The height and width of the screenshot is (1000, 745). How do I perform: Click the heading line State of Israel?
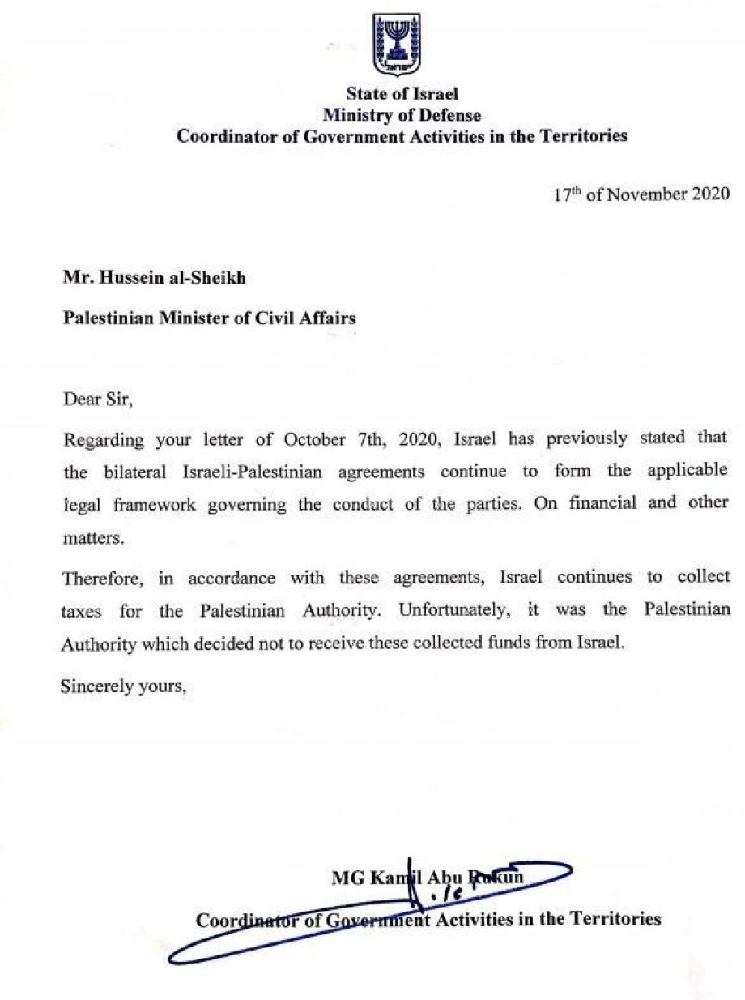(402, 95)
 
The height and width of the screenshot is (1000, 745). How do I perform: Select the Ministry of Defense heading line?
(402, 115)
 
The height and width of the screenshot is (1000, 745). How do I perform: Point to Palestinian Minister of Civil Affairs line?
(210, 317)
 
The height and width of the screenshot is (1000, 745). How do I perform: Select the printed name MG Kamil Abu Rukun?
(428, 877)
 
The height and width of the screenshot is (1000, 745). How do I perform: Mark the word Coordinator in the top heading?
(237, 135)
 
